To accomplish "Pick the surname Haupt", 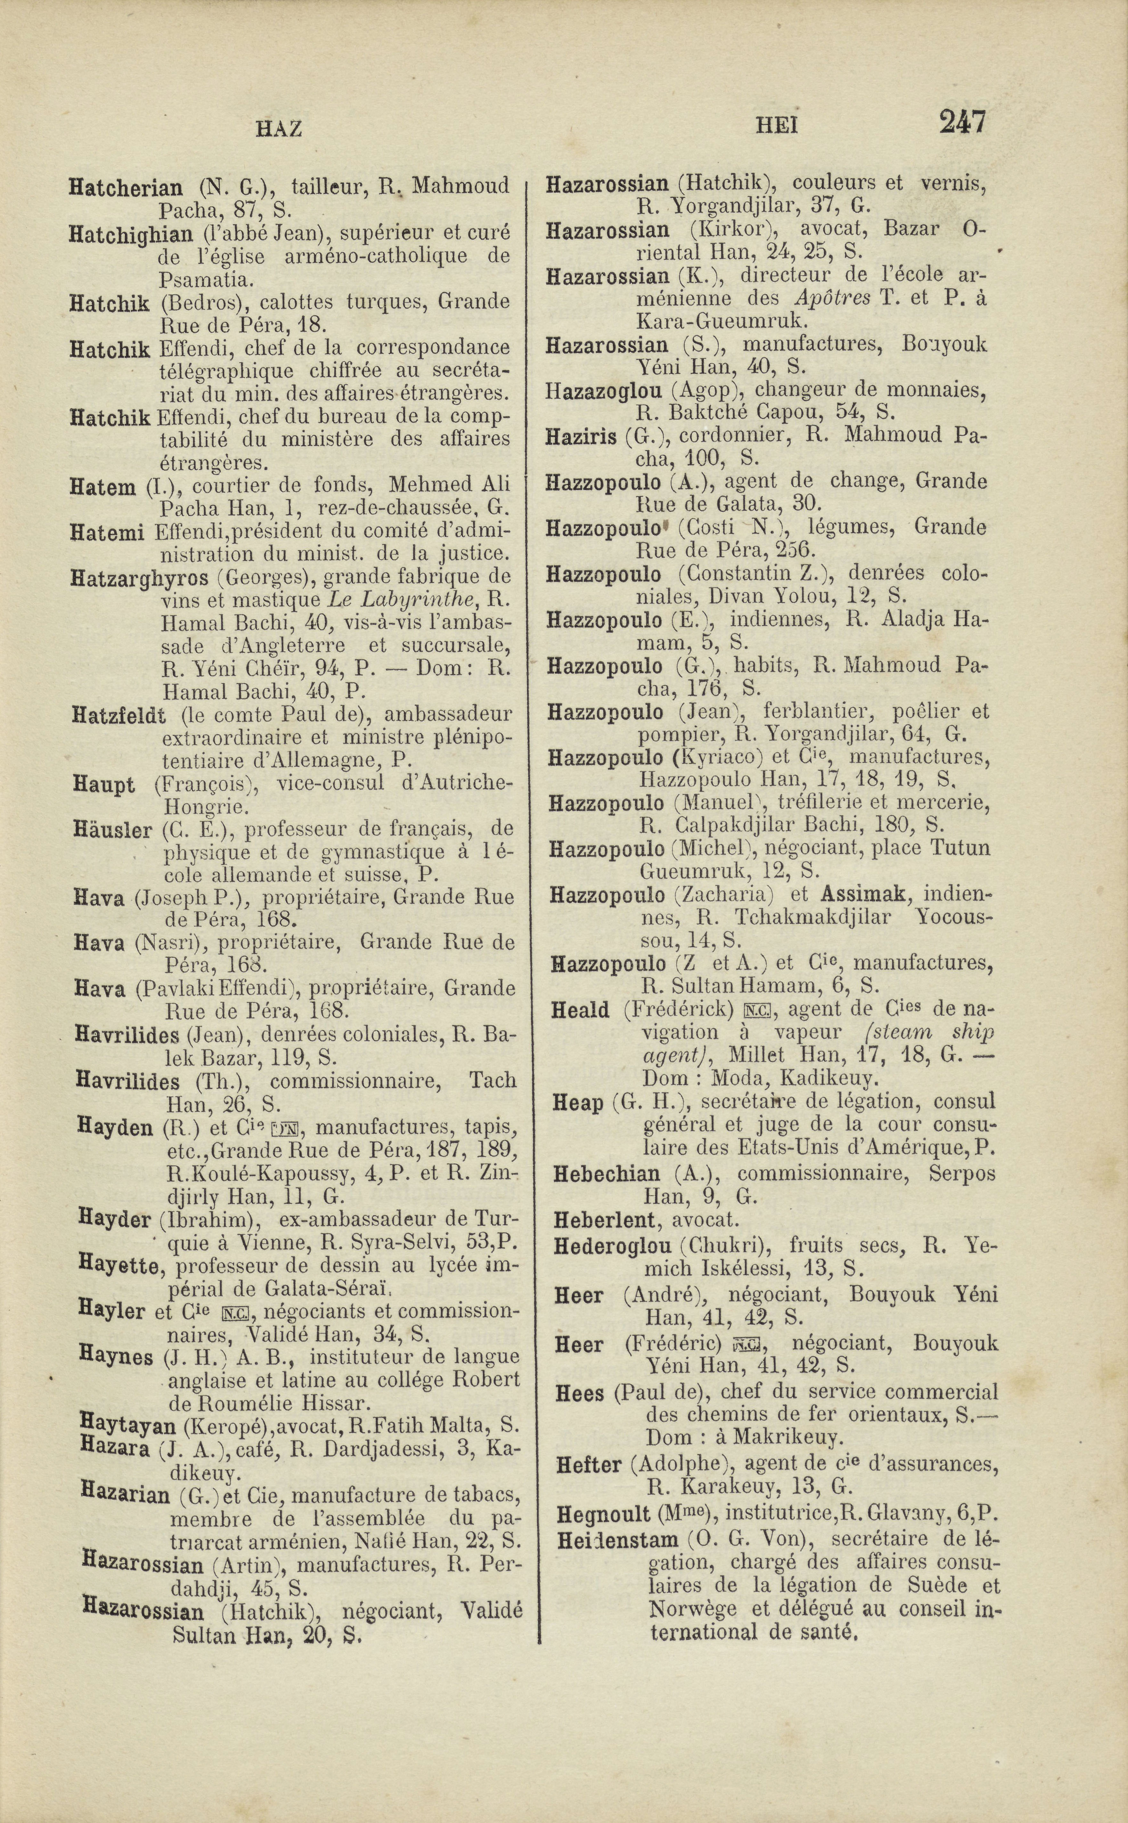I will tap(104, 785).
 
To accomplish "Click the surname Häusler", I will tap(113, 830).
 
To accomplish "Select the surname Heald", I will tap(580, 1010).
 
